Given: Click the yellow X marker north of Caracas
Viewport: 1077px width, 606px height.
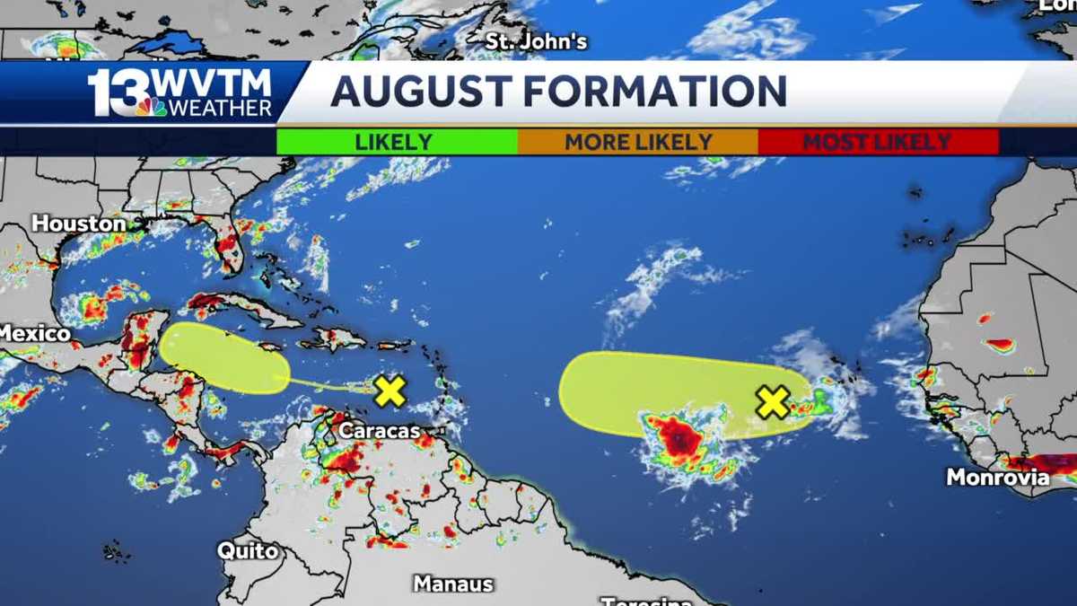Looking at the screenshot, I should click(x=390, y=391).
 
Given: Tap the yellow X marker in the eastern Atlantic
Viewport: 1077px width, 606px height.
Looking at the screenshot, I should click(x=772, y=402).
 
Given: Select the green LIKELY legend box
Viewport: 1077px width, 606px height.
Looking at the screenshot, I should click(x=396, y=142).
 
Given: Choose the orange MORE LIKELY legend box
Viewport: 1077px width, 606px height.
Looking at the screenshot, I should click(x=638, y=142).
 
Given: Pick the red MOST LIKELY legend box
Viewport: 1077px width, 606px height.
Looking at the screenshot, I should click(x=877, y=142).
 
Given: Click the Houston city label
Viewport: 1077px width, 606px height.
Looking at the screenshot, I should click(x=79, y=224).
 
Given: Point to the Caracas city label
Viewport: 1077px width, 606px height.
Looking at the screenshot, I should click(x=379, y=432).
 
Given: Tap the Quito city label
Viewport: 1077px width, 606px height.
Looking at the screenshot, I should click(x=249, y=550).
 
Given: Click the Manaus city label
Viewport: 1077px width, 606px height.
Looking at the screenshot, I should click(x=453, y=584).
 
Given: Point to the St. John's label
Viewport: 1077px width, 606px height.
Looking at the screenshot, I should click(x=537, y=41).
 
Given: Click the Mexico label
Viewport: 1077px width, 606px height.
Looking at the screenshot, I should click(x=34, y=334).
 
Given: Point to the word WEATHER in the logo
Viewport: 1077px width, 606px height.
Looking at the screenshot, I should click(x=220, y=108).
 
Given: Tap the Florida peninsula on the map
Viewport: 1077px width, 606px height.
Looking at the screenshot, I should click(x=230, y=247).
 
